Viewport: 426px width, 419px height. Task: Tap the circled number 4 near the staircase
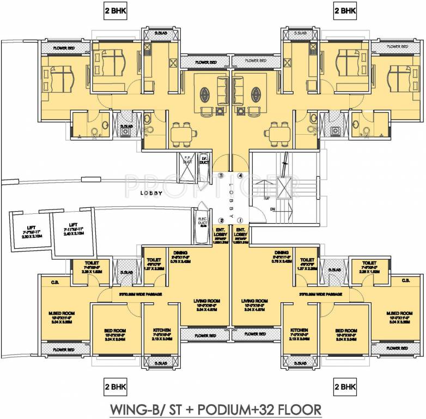pyautogui.click(x=240, y=176)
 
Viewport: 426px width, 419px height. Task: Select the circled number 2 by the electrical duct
pyautogui.click(x=221, y=220)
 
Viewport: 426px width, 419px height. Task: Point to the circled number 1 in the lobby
pyautogui.click(x=240, y=220)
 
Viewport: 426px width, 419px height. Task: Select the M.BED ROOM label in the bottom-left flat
pyautogui.click(x=60, y=313)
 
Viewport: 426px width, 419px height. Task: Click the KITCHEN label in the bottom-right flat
pyautogui.click(x=300, y=331)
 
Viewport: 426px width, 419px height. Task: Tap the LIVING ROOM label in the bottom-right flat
pyautogui.click(x=255, y=301)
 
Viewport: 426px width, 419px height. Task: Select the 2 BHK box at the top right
pyautogui.click(x=345, y=10)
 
